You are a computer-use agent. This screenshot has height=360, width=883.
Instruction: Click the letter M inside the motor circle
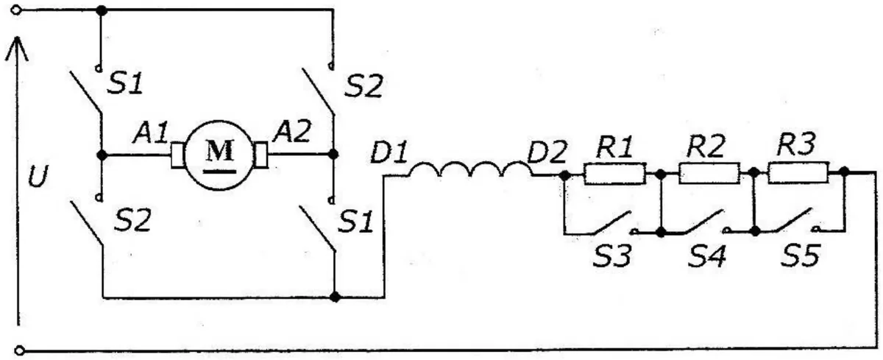219,150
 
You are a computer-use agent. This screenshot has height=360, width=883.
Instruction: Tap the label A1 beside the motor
151,133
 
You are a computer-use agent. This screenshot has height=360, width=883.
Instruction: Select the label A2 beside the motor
292,131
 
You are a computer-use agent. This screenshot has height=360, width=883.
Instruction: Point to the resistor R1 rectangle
614,174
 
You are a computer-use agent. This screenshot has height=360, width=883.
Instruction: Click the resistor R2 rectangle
709,173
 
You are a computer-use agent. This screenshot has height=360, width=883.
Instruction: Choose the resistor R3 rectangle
798,173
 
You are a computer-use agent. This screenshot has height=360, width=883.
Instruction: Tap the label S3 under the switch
612,256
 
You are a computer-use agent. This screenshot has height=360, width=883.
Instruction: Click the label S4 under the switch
707,256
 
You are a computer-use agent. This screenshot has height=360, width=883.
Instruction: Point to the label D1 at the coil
389,152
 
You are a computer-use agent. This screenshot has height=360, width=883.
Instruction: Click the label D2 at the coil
547,152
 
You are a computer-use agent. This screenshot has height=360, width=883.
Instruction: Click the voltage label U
38,176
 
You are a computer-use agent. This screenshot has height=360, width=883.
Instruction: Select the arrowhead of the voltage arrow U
16,49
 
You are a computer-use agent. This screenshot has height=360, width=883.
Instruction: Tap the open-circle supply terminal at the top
15,10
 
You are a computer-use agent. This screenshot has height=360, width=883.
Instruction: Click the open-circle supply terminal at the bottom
19,350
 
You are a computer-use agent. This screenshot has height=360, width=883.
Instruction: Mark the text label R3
796,144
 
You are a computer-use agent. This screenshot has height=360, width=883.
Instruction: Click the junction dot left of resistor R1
565,174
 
